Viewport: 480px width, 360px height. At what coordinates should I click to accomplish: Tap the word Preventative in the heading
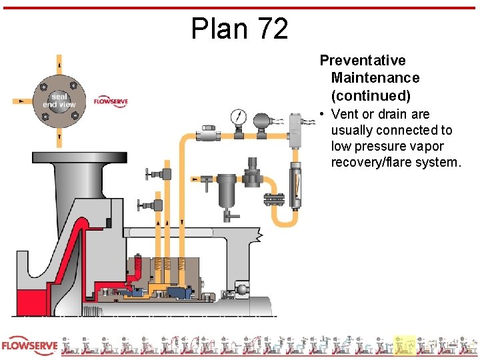(363, 61)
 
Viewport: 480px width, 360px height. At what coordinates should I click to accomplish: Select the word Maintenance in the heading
(375, 78)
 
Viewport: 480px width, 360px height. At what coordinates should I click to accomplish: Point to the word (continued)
(371, 95)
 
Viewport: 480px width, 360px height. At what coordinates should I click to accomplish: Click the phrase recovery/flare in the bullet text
(371, 162)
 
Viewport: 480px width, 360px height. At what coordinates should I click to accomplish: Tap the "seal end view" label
(59, 101)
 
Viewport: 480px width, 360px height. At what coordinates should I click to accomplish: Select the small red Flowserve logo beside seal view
(111, 101)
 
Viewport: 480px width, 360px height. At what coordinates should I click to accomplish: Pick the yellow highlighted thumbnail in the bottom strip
(404, 345)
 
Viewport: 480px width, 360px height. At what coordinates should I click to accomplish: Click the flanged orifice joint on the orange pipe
(274, 199)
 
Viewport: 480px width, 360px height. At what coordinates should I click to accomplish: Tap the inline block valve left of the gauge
(209, 133)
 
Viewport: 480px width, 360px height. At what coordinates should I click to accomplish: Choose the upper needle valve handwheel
(148, 175)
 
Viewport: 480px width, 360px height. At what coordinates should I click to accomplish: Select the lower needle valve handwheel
(140, 205)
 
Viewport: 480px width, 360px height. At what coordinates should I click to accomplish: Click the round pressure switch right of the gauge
(262, 121)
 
